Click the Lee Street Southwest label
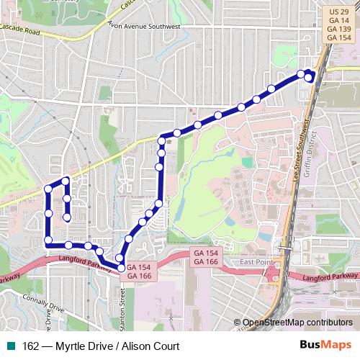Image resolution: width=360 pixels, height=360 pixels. coord(297,158)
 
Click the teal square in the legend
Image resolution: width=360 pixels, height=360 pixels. coord(12,346)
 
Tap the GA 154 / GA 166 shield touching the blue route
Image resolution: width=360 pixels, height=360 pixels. coord(138,271)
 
